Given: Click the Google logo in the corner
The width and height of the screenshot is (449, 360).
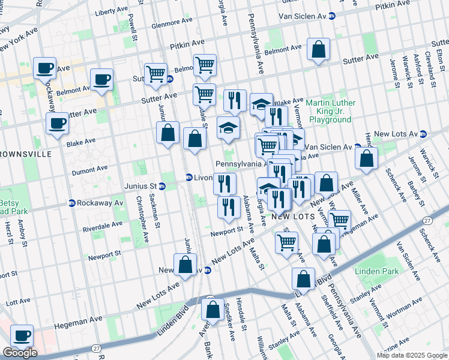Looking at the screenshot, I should (x=20, y=353).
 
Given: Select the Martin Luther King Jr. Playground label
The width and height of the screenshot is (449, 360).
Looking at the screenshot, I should (x=328, y=111).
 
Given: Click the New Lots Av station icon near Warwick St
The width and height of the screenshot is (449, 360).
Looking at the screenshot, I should (x=423, y=133).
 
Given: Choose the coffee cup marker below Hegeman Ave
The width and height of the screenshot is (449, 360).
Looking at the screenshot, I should (x=22, y=337).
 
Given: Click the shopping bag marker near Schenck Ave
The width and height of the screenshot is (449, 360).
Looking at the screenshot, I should (x=366, y=158).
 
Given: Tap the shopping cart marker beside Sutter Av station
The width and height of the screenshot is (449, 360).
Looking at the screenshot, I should (x=155, y=74).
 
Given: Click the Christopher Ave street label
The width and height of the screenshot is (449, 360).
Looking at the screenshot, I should (x=141, y=220).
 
